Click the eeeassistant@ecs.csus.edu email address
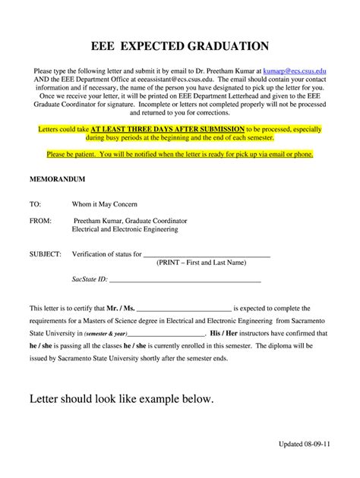click(175, 78)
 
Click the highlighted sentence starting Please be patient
click(179, 154)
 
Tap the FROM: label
click(40, 220)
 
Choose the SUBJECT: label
click(46, 254)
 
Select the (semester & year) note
click(106, 333)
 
